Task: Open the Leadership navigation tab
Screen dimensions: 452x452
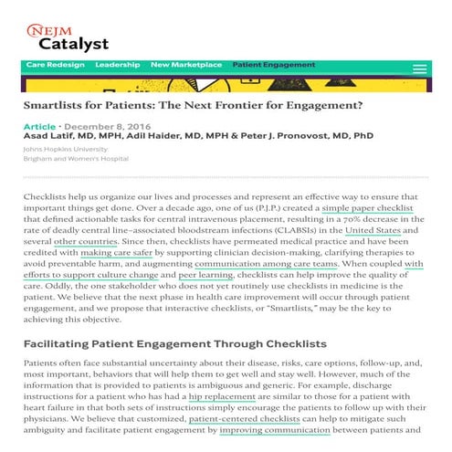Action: coord(117,65)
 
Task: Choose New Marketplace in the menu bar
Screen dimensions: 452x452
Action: coord(186,65)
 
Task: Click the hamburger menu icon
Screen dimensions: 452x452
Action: coord(419,68)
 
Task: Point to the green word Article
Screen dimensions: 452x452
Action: coord(38,126)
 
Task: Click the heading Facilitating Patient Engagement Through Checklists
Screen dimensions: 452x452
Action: coord(174,344)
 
